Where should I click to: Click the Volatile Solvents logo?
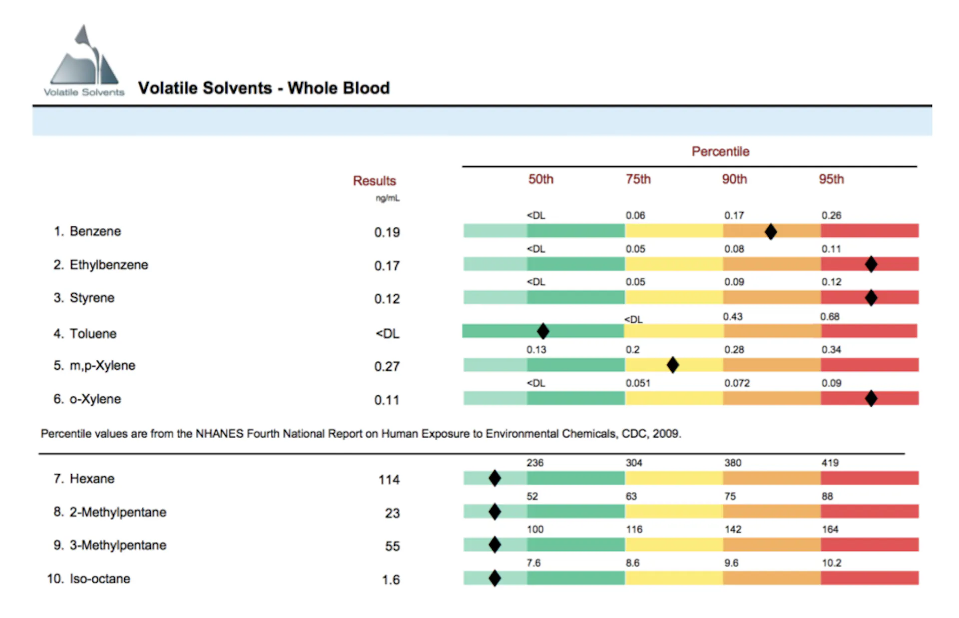point(84,60)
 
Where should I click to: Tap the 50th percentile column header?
point(540,179)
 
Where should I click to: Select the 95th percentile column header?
point(831,179)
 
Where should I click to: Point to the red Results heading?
point(374,180)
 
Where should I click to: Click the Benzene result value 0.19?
point(387,232)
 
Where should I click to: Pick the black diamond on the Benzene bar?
point(771,231)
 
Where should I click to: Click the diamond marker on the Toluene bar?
point(543,331)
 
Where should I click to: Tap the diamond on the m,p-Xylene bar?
point(673,365)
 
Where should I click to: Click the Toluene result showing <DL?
point(388,333)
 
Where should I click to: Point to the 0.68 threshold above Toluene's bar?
point(830,316)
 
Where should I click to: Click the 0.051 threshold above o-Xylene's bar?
point(638,383)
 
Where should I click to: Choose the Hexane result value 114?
point(389,479)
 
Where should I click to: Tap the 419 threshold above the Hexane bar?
point(830,462)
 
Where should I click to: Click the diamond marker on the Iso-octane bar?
point(494,578)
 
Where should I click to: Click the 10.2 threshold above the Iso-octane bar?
point(832,562)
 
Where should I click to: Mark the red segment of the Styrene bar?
point(870,297)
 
